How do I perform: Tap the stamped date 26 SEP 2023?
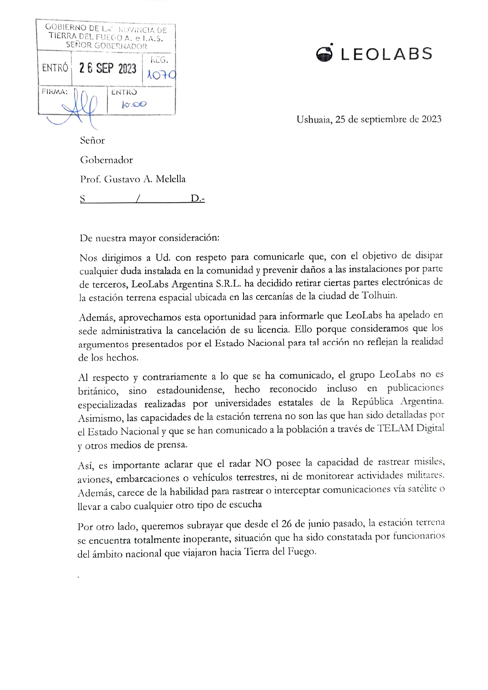point(108,68)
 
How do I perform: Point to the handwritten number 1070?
point(160,75)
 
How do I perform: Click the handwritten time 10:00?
point(134,105)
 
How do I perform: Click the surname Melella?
point(170,179)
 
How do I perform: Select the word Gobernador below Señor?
point(106,160)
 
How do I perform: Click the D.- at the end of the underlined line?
point(198,199)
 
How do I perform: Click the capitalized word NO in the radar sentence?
point(264,463)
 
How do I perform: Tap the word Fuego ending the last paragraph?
point(302,551)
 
